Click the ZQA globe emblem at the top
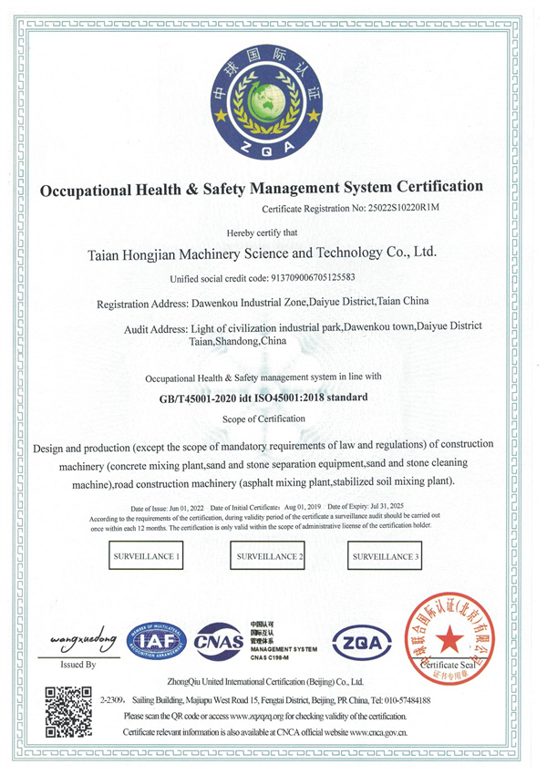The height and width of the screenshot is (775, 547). pyautogui.click(x=273, y=98)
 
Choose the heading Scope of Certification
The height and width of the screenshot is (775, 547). pyautogui.click(x=264, y=418)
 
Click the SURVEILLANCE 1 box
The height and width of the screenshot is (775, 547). pyautogui.click(x=146, y=555)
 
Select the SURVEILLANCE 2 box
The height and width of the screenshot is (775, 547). pyautogui.click(x=270, y=555)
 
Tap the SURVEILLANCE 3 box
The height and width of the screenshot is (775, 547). pyautogui.click(x=386, y=555)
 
